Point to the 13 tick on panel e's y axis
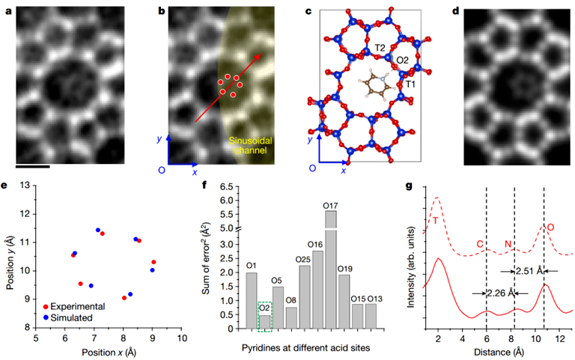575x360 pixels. click(25, 186)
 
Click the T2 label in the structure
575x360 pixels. click(380, 47)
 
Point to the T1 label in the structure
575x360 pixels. click(410, 85)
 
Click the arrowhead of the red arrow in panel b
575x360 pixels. click(260, 55)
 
